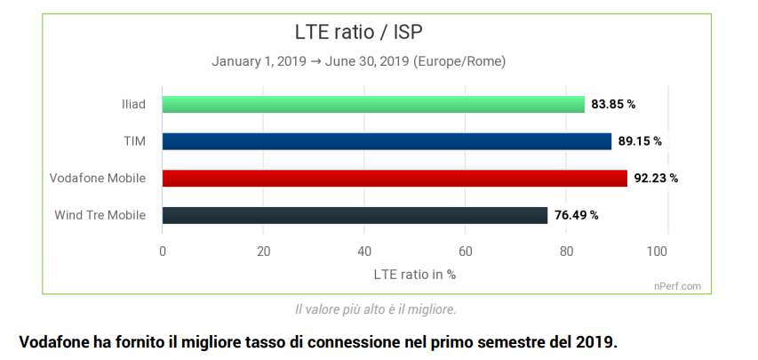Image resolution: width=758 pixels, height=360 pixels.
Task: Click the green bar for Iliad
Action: click(x=373, y=104)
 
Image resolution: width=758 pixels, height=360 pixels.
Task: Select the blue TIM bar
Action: click(x=387, y=141)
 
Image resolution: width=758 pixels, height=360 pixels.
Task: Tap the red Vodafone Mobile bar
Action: click(x=395, y=178)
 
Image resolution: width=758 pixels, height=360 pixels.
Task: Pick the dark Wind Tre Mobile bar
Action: click(x=355, y=215)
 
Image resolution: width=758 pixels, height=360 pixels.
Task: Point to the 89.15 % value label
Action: click(x=640, y=141)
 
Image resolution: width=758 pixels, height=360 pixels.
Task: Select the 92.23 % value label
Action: click(x=656, y=178)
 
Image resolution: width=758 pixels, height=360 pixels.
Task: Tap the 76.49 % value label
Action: click(x=576, y=215)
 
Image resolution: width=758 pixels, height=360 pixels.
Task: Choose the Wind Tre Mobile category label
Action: click(x=100, y=215)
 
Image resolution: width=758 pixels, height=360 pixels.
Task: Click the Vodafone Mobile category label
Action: click(x=98, y=178)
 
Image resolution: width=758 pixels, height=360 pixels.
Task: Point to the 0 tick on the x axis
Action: click(x=163, y=252)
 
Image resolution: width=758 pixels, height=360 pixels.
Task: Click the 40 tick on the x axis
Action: click(x=364, y=252)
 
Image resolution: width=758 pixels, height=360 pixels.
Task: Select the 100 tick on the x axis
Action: click(x=658, y=252)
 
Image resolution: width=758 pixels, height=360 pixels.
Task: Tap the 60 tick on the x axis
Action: click(x=466, y=252)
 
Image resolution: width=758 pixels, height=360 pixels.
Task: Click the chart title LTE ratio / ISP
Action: click(x=358, y=33)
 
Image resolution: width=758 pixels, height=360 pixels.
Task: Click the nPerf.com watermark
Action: click(x=678, y=286)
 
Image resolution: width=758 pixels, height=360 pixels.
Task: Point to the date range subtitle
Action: click(x=358, y=62)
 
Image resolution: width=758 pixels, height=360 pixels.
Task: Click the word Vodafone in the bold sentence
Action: click(x=52, y=341)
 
